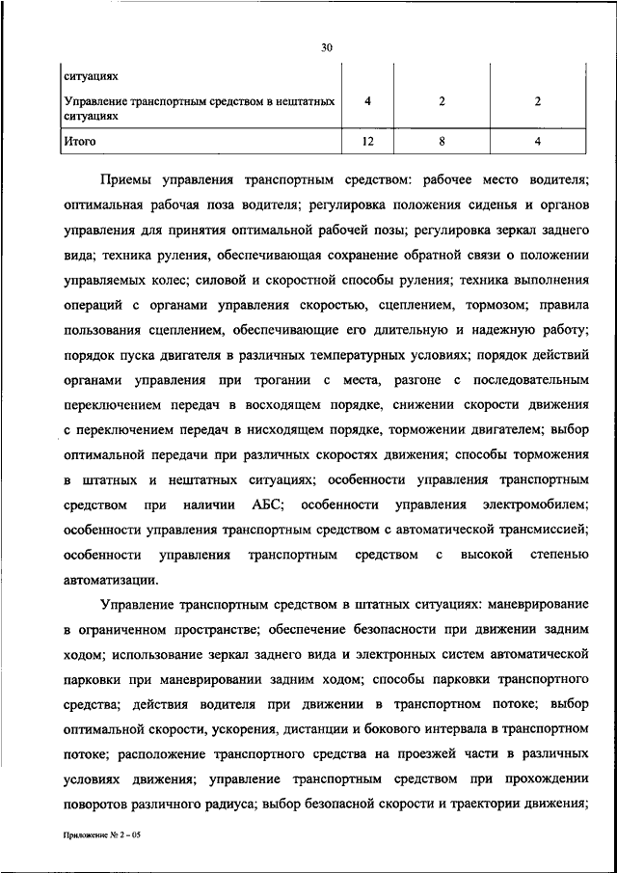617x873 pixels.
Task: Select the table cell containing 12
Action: click(x=367, y=142)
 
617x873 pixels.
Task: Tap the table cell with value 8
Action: click(x=441, y=142)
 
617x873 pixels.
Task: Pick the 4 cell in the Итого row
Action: click(x=537, y=142)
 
